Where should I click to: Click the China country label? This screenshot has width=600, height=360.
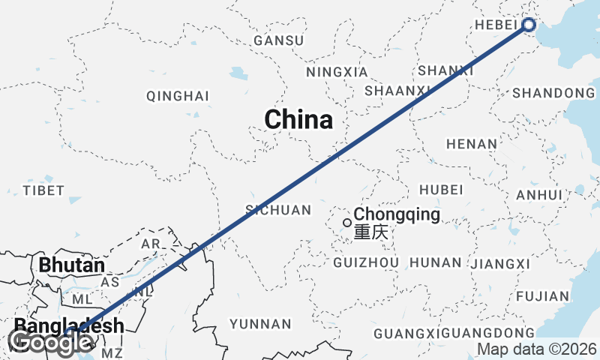[x=298, y=120]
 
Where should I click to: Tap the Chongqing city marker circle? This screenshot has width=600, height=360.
[x=346, y=223]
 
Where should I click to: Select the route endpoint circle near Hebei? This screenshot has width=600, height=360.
[x=529, y=25]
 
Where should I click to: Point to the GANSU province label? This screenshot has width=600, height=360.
[x=279, y=40]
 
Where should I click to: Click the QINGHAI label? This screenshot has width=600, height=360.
[x=178, y=96]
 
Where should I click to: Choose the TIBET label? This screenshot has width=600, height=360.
[x=43, y=190]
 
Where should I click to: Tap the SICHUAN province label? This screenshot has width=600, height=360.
[x=277, y=210]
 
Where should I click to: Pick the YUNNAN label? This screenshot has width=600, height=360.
[x=260, y=324]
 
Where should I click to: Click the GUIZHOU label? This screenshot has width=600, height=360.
[x=365, y=262]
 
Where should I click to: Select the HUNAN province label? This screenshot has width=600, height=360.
[x=436, y=262]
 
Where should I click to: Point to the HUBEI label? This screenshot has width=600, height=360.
[x=442, y=190]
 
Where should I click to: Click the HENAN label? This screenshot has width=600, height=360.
[x=471, y=143]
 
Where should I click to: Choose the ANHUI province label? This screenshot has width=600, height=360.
[x=539, y=195]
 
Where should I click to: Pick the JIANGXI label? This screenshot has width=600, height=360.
[x=502, y=264]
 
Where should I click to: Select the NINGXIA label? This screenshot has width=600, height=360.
[x=337, y=73]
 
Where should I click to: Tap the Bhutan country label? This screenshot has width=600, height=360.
[x=71, y=265]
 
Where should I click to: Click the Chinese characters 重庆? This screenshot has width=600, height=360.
[x=372, y=233]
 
